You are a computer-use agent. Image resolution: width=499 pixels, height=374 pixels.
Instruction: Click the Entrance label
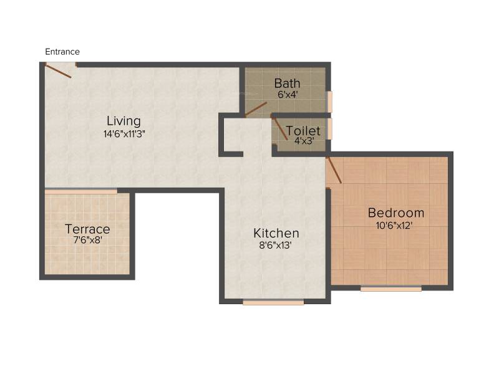tap(62, 52)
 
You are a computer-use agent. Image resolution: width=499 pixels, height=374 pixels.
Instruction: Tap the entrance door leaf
tap(57, 70)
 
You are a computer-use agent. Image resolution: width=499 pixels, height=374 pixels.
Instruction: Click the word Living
tap(124, 121)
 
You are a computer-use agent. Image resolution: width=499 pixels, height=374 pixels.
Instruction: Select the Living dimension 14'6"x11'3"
tap(124, 134)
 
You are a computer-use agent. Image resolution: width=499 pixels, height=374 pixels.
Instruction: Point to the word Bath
tap(287, 84)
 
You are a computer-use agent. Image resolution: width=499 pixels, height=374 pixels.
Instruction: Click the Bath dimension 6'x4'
tap(288, 95)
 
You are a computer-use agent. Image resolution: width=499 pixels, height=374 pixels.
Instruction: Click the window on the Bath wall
tap(329, 102)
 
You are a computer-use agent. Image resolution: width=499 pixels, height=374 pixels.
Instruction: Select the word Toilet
tap(303, 131)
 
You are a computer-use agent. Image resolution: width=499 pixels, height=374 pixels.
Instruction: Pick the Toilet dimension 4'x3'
tap(304, 141)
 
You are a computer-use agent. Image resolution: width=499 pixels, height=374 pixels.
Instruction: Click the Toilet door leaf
tap(279, 128)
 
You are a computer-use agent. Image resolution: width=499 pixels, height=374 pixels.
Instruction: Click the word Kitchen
tap(276, 233)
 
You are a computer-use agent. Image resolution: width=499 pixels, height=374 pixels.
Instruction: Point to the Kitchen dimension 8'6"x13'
tap(275, 245)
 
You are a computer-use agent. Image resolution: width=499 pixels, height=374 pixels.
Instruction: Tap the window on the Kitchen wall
tap(273, 302)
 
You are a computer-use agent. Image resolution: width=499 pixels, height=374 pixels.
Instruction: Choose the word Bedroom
tap(396, 213)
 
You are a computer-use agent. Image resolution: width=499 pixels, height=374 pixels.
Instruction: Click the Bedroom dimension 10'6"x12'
tap(394, 226)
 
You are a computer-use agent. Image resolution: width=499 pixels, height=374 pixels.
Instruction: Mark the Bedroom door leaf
tap(334, 170)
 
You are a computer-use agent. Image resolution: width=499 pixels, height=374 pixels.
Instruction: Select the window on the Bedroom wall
tap(391, 289)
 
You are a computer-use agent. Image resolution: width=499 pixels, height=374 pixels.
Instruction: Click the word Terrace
tap(87, 229)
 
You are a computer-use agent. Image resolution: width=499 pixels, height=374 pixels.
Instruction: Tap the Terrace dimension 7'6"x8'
tap(87, 240)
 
